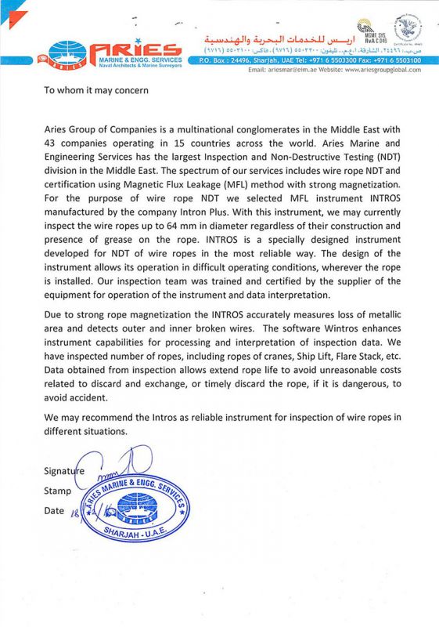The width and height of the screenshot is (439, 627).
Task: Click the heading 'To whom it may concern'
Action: coord(95,89)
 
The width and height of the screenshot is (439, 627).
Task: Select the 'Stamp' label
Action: coord(57,491)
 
